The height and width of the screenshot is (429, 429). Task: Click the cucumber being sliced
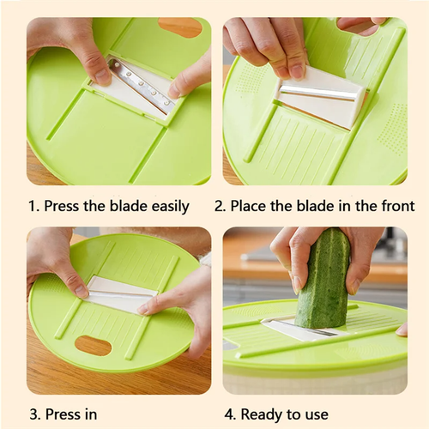pos(324,277)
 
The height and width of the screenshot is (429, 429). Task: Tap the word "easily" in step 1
pos(171,207)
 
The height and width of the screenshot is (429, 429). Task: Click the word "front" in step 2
pos(398,206)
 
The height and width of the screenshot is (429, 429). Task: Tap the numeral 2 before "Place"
pos(220,206)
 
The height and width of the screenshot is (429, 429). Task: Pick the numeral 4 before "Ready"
pos(229,414)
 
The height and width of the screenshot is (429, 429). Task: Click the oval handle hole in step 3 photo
pos(94,346)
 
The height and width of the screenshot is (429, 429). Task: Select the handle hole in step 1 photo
pos(181,27)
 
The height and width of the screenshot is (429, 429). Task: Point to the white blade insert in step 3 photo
pos(123,294)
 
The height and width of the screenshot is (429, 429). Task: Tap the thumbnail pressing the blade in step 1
pos(100,77)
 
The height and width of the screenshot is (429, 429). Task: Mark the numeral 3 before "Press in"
pos(34,414)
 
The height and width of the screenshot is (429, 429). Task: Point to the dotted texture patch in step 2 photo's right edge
pos(392,126)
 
